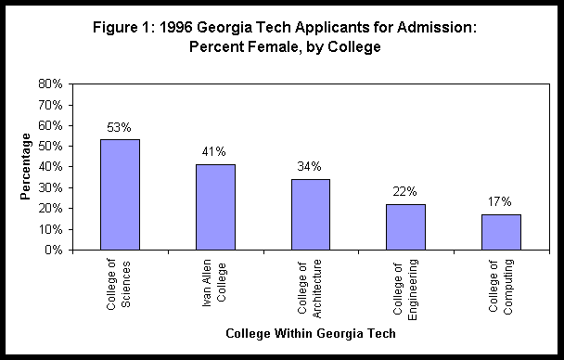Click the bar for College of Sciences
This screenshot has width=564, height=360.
coord(120,195)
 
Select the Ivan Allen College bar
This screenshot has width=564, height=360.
coord(215,207)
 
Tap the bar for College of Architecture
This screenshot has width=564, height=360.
coord(310,214)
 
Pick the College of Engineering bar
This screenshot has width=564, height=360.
coord(405,227)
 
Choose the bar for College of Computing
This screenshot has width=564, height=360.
coord(501,232)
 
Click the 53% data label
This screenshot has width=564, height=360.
coord(120,127)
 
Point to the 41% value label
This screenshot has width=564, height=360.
coord(215,151)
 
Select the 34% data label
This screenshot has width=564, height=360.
coord(310,166)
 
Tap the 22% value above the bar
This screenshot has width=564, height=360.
coord(405,191)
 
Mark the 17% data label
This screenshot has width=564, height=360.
coord(501,201)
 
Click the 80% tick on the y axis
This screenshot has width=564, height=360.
coord(51,84)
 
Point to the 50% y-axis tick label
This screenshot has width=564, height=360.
coord(51,146)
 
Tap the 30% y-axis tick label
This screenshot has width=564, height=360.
coord(51,187)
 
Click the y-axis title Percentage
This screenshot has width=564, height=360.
coord(26,167)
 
